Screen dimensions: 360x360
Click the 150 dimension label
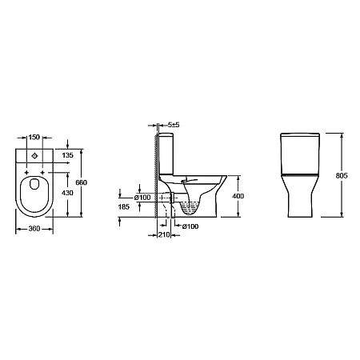pos(34,137)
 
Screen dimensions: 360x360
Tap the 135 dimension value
pos(67,155)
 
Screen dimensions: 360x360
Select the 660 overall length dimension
pos(82,182)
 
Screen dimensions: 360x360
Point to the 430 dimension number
pos(67,193)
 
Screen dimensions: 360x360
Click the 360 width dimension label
pos(34,229)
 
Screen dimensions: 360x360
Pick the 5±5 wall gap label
pos(174,125)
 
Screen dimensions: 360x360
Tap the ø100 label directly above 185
pos(142,198)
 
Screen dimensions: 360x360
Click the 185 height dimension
pos(124,206)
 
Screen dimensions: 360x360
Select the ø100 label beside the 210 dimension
pos(190,226)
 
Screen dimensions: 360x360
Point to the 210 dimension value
pos(164,234)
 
